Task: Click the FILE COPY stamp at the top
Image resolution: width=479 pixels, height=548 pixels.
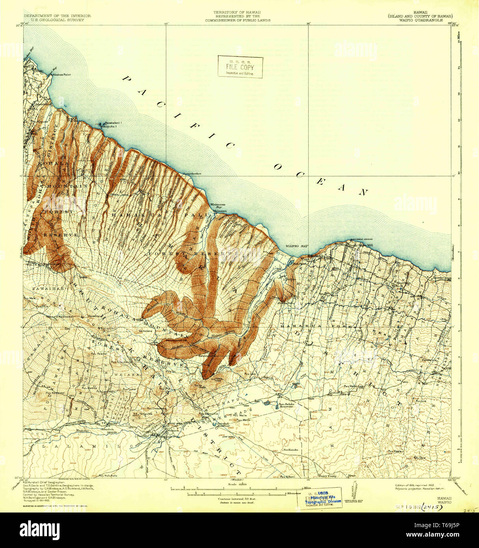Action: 240,67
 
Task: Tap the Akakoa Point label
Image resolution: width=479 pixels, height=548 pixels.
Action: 58,74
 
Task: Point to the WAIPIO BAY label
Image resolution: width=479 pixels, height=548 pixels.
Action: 294,246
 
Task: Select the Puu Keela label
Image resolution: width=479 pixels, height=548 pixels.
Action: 395,451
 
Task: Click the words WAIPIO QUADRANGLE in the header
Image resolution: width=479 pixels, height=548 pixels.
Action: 420,20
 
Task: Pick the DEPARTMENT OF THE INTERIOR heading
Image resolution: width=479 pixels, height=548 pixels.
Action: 57,16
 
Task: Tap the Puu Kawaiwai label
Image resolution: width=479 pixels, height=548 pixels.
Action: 55,393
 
